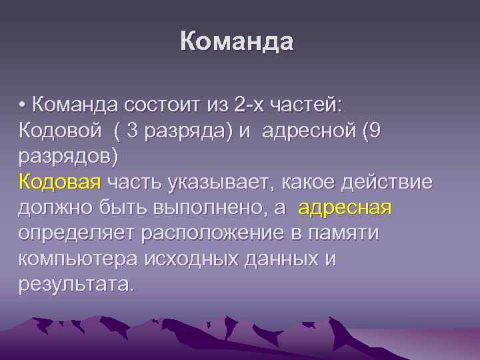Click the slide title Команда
tap(237, 42)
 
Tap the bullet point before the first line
tap(23, 105)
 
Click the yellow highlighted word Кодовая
tap(60, 182)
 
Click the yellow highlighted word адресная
tap(345, 208)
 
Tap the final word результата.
tap(76, 285)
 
